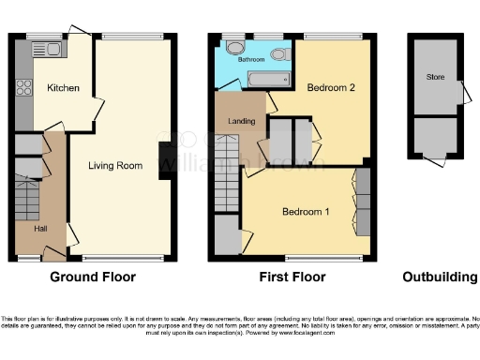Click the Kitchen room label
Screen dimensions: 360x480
click(x=63, y=89)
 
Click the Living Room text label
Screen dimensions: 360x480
click(x=115, y=166)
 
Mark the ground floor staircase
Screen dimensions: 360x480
click(x=25, y=198)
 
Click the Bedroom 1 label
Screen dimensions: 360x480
click(x=306, y=212)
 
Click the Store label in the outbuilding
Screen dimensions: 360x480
click(x=434, y=77)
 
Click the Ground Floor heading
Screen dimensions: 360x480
click(x=92, y=277)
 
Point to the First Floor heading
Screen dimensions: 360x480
click(x=292, y=277)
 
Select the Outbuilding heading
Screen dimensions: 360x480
click(x=438, y=277)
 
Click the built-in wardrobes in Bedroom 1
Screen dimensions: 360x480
click(x=361, y=202)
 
